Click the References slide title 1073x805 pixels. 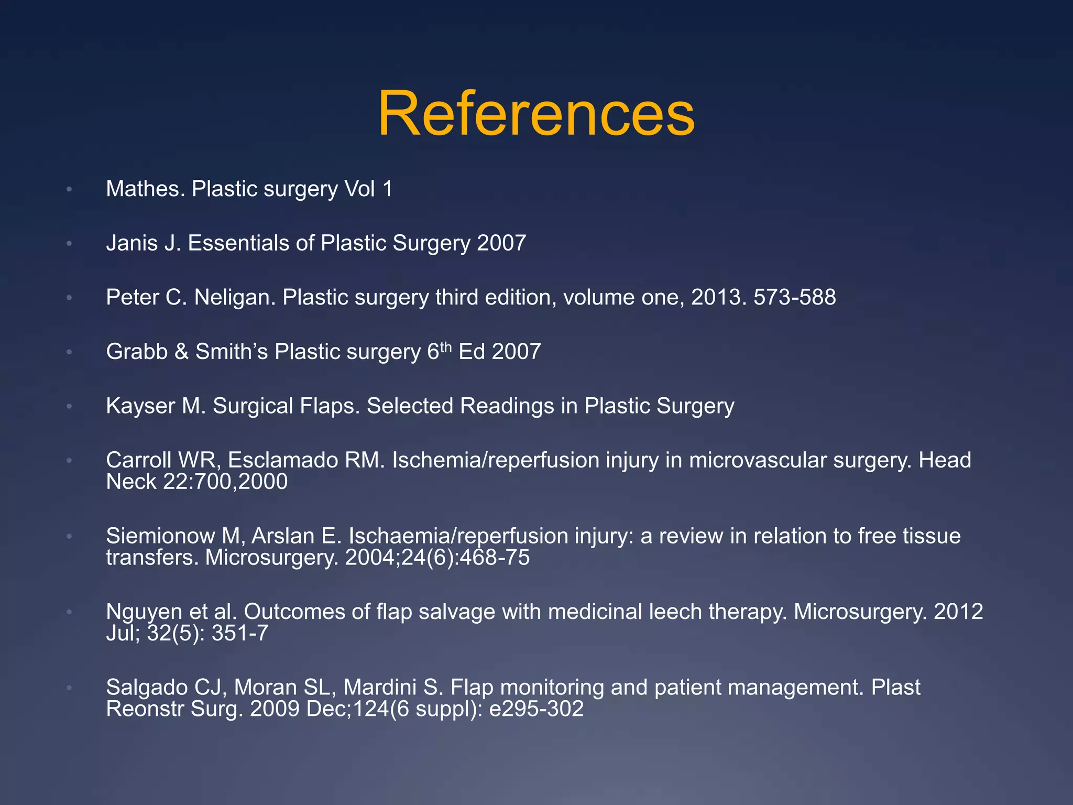(536, 114)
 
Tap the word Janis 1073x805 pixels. (137, 243)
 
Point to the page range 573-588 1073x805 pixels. (794, 298)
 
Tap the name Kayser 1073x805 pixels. (140, 406)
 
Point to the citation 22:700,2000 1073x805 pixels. (225, 482)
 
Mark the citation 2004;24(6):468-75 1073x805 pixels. (437, 558)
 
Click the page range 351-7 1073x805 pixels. (240, 633)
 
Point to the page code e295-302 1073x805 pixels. (536, 709)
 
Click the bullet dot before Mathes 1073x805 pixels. (69, 189)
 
